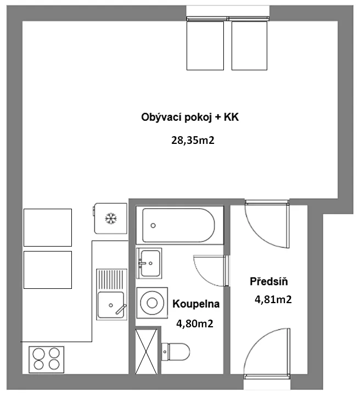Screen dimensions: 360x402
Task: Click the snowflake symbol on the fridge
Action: (x=111, y=219)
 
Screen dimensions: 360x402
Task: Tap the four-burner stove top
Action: (x=47, y=360)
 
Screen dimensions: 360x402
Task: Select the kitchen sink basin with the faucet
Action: (x=111, y=305)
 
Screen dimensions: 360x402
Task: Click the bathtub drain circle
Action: (x=153, y=226)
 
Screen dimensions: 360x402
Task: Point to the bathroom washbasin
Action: (x=149, y=263)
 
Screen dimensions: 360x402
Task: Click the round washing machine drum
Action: (x=152, y=303)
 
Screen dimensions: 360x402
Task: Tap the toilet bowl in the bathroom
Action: (x=176, y=351)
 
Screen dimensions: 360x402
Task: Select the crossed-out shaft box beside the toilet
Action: (x=146, y=351)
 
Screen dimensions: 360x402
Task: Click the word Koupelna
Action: (x=196, y=304)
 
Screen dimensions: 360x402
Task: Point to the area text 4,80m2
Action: (x=195, y=324)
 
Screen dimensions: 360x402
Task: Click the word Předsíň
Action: (x=269, y=281)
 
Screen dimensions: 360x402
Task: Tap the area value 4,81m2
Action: (x=273, y=299)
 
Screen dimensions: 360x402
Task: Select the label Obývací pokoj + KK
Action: (x=190, y=118)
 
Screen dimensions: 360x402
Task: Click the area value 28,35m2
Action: (x=193, y=141)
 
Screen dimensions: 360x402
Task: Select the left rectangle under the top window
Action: (x=205, y=46)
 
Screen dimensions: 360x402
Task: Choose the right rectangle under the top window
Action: (x=249, y=46)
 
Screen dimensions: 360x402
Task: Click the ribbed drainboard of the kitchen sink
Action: (x=112, y=280)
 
